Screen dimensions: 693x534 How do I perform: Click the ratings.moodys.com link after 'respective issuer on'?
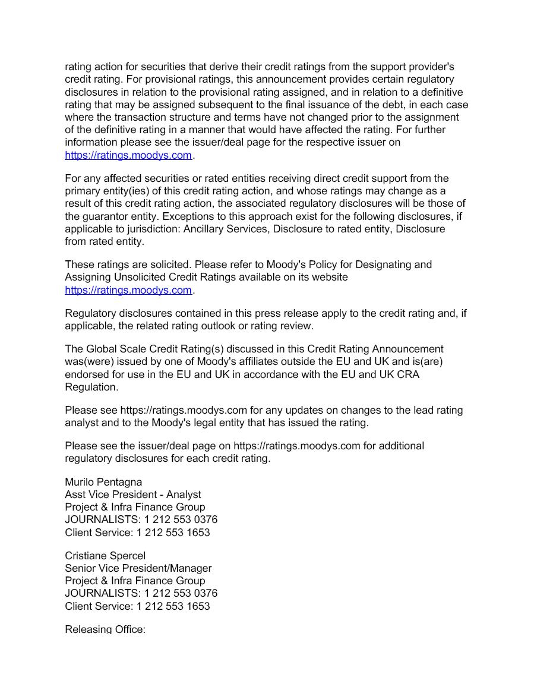click(x=128, y=155)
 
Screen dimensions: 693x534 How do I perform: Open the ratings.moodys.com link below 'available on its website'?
click(x=128, y=290)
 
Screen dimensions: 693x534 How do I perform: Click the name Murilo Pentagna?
click(x=103, y=481)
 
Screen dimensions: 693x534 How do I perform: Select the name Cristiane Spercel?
click(x=105, y=556)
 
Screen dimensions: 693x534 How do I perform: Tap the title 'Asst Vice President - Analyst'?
click(x=133, y=494)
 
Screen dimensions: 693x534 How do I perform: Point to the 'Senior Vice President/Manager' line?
click(x=138, y=568)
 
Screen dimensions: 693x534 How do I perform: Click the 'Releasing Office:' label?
click(x=105, y=629)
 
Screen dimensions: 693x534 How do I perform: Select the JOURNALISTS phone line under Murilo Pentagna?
click(x=141, y=519)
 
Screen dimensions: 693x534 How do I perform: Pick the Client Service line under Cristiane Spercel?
click(x=137, y=606)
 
